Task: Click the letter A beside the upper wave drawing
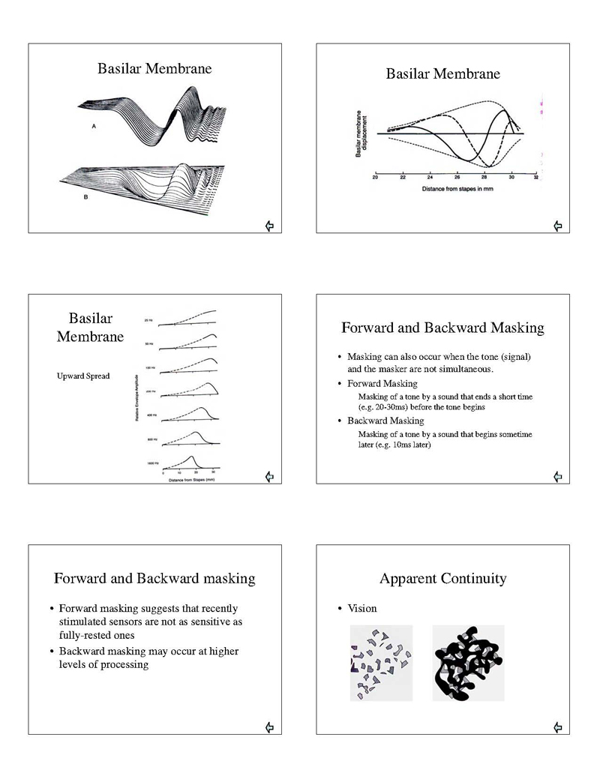(x=94, y=127)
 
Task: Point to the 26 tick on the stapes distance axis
(x=457, y=178)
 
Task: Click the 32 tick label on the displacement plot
(x=536, y=178)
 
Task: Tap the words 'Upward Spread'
(x=83, y=376)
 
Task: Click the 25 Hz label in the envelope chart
(x=150, y=320)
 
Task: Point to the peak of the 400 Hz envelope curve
(x=201, y=408)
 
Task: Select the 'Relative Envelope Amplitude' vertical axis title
(x=137, y=397)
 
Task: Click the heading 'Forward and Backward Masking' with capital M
(x=442, y=328)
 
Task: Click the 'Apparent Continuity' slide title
(x=442, y=578)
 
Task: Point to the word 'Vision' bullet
(x=362, y=608)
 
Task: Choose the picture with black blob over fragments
(x=467, y=663)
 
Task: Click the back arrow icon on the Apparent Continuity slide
(x=557, y=727)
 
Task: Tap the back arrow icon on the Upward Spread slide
(x=269, y=475)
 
